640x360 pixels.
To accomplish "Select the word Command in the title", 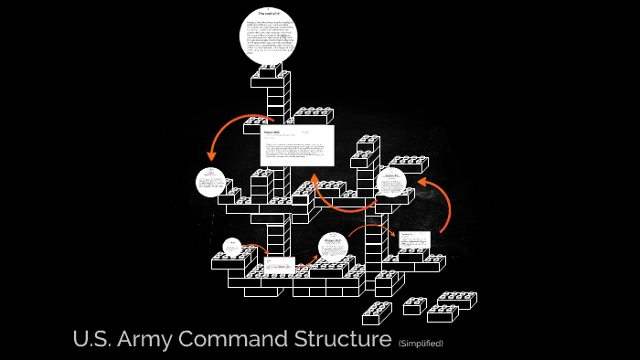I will point(230,340).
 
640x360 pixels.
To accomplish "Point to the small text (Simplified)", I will point(421,344).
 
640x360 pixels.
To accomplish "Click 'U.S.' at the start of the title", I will point(91,340).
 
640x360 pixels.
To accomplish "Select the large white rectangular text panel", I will point(297,145).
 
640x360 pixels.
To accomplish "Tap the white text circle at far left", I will point(210,182).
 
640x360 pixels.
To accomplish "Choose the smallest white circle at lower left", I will point(232,247).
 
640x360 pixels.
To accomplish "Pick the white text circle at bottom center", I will point(333,247).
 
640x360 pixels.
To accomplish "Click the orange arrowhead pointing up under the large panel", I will point(315,179).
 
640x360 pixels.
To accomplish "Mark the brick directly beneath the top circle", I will point(272,77).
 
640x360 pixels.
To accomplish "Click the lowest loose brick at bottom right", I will point(377,314).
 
